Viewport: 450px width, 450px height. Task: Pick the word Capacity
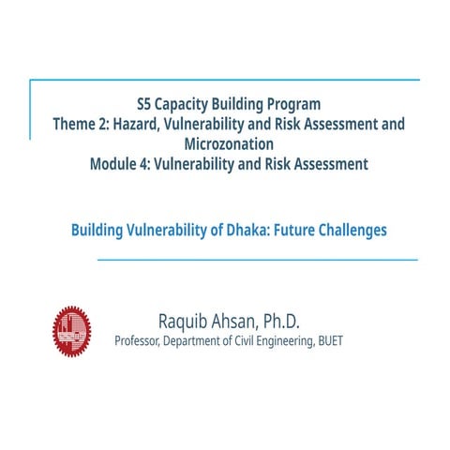tap(192, 103)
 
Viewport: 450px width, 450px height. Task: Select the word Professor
tap(137, 341)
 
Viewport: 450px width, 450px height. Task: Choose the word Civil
tap(246, 341)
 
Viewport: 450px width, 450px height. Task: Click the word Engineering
tap(288, 341)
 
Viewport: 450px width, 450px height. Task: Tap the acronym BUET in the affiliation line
tap(330, 341)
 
